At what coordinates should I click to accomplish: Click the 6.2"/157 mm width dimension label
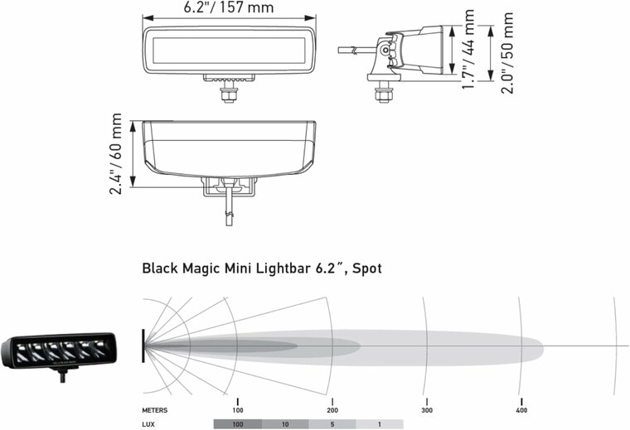coord(229,8)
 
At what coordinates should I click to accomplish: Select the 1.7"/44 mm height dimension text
coord(469,50)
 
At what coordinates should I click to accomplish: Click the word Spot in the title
coord(364,268)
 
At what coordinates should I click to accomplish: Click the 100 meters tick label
coord(237,410)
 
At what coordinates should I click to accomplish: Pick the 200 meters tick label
coord(332,410)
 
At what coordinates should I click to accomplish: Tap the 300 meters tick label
coord(426,410)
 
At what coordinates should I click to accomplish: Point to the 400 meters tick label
coord(521,410)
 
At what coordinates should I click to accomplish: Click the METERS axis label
coord(156,410)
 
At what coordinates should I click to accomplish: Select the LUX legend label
coord(149,423)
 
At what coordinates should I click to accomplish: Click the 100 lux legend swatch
coord(237,423)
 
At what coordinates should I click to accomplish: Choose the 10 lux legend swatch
coord(284,423)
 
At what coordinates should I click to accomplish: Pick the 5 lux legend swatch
coord(332,423)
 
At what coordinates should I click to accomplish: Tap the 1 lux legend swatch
coord(379,423)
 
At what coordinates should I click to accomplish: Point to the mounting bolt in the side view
coord(383,89)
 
